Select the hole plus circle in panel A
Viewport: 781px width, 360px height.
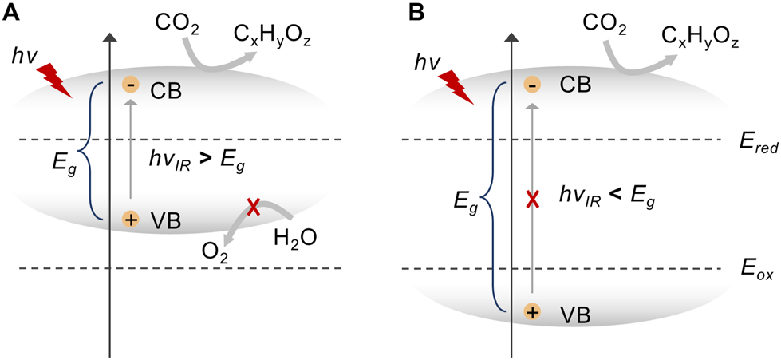pos(130,219)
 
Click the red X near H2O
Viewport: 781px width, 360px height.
pos(254,208)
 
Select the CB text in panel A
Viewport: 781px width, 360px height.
pos(167,90)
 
